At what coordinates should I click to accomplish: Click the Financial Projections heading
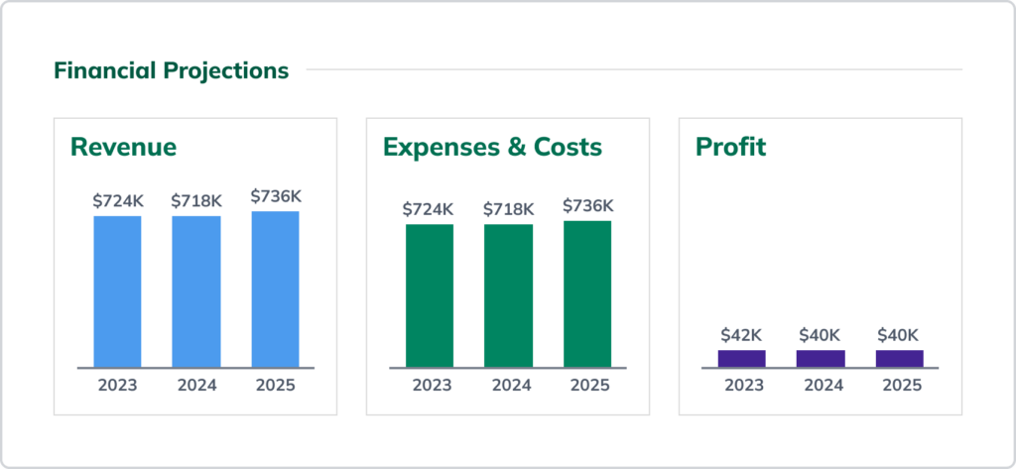click(171, 70)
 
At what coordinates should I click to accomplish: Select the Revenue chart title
click(123, 147)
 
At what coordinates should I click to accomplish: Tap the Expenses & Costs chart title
click(492, 147)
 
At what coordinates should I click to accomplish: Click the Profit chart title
click(730, 147)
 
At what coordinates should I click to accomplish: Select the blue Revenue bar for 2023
click(117, 292)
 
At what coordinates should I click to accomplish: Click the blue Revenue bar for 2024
click(196, 292)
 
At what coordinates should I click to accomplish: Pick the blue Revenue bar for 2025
click(275, 290)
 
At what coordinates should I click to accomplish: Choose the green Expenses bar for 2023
click(429, 295)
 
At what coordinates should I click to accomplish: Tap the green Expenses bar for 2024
click(508, 295)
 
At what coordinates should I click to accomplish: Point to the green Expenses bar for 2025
click(587, 293)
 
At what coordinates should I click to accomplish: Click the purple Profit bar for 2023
click(741, 358)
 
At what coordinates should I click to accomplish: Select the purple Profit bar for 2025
click(899, 358)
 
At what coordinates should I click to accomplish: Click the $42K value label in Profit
click(741, 335)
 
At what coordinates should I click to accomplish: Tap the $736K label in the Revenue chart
click(275, 196)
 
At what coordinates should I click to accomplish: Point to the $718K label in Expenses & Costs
click(508, 209)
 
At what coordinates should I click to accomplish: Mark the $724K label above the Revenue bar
click(118, 200)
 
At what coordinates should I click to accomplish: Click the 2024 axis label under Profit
click(821, 385)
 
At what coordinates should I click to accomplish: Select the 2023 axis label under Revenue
click(117, 385)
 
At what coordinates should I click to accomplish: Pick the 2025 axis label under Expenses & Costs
click(587, 385)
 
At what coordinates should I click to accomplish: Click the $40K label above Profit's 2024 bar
click(821, 335)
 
